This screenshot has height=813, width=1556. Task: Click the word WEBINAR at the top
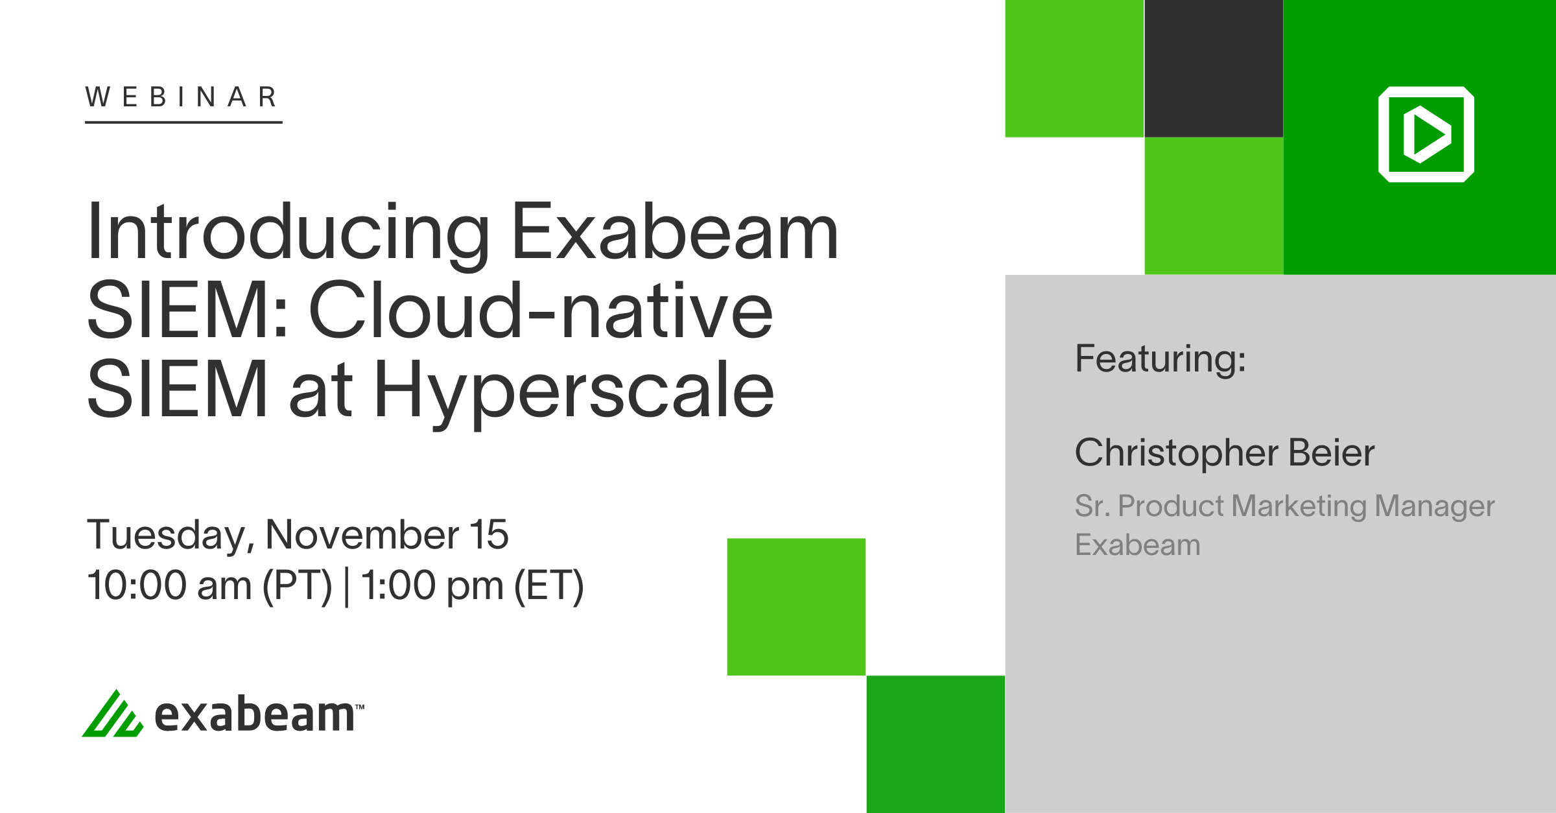(x=182, y=97)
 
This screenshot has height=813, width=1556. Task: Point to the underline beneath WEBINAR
(x=183, y=121)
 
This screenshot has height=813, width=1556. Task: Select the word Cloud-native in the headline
(x=541, y=311)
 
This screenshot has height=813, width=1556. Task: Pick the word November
(x=362, y=535)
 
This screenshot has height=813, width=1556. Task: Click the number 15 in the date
(x=489, y=535)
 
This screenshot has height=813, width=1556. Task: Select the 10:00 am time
(x=169, y=585)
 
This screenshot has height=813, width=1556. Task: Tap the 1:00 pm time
(x=432, y=585)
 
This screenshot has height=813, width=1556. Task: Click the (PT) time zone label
(x=297, y=586)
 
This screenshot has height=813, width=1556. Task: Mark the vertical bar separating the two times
(x=347, y=586)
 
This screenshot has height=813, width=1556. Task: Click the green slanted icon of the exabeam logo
(x=113, y=714)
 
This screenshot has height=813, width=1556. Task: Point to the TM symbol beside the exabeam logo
(x=360, y=707)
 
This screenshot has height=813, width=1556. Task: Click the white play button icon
(x=1426, y=134)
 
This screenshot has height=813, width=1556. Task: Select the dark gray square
(x=1214, y=69)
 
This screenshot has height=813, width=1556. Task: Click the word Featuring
(x=1160, y=359)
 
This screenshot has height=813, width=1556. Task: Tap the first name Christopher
(x=1177, y=453)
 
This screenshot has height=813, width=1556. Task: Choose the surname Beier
(x=1331, y=453)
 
